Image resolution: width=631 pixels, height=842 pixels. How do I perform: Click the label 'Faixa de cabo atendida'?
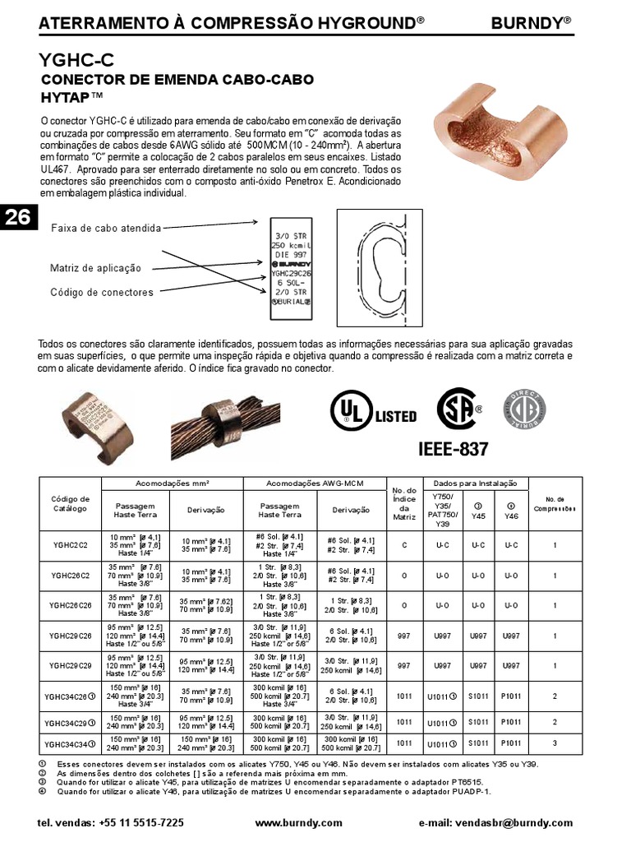click(106, 228)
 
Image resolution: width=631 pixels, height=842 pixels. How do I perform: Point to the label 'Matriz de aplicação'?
click(95, 268)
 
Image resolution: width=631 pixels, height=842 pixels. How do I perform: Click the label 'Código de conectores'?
click(101, 292)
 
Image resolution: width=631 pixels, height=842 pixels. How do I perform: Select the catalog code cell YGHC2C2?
click(70, 544)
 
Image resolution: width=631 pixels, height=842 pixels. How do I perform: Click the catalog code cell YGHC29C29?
click(70, 666)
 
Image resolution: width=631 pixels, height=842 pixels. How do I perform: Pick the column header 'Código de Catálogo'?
click(70, 504)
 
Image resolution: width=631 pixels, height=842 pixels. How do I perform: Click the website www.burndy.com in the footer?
click(298, 822)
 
